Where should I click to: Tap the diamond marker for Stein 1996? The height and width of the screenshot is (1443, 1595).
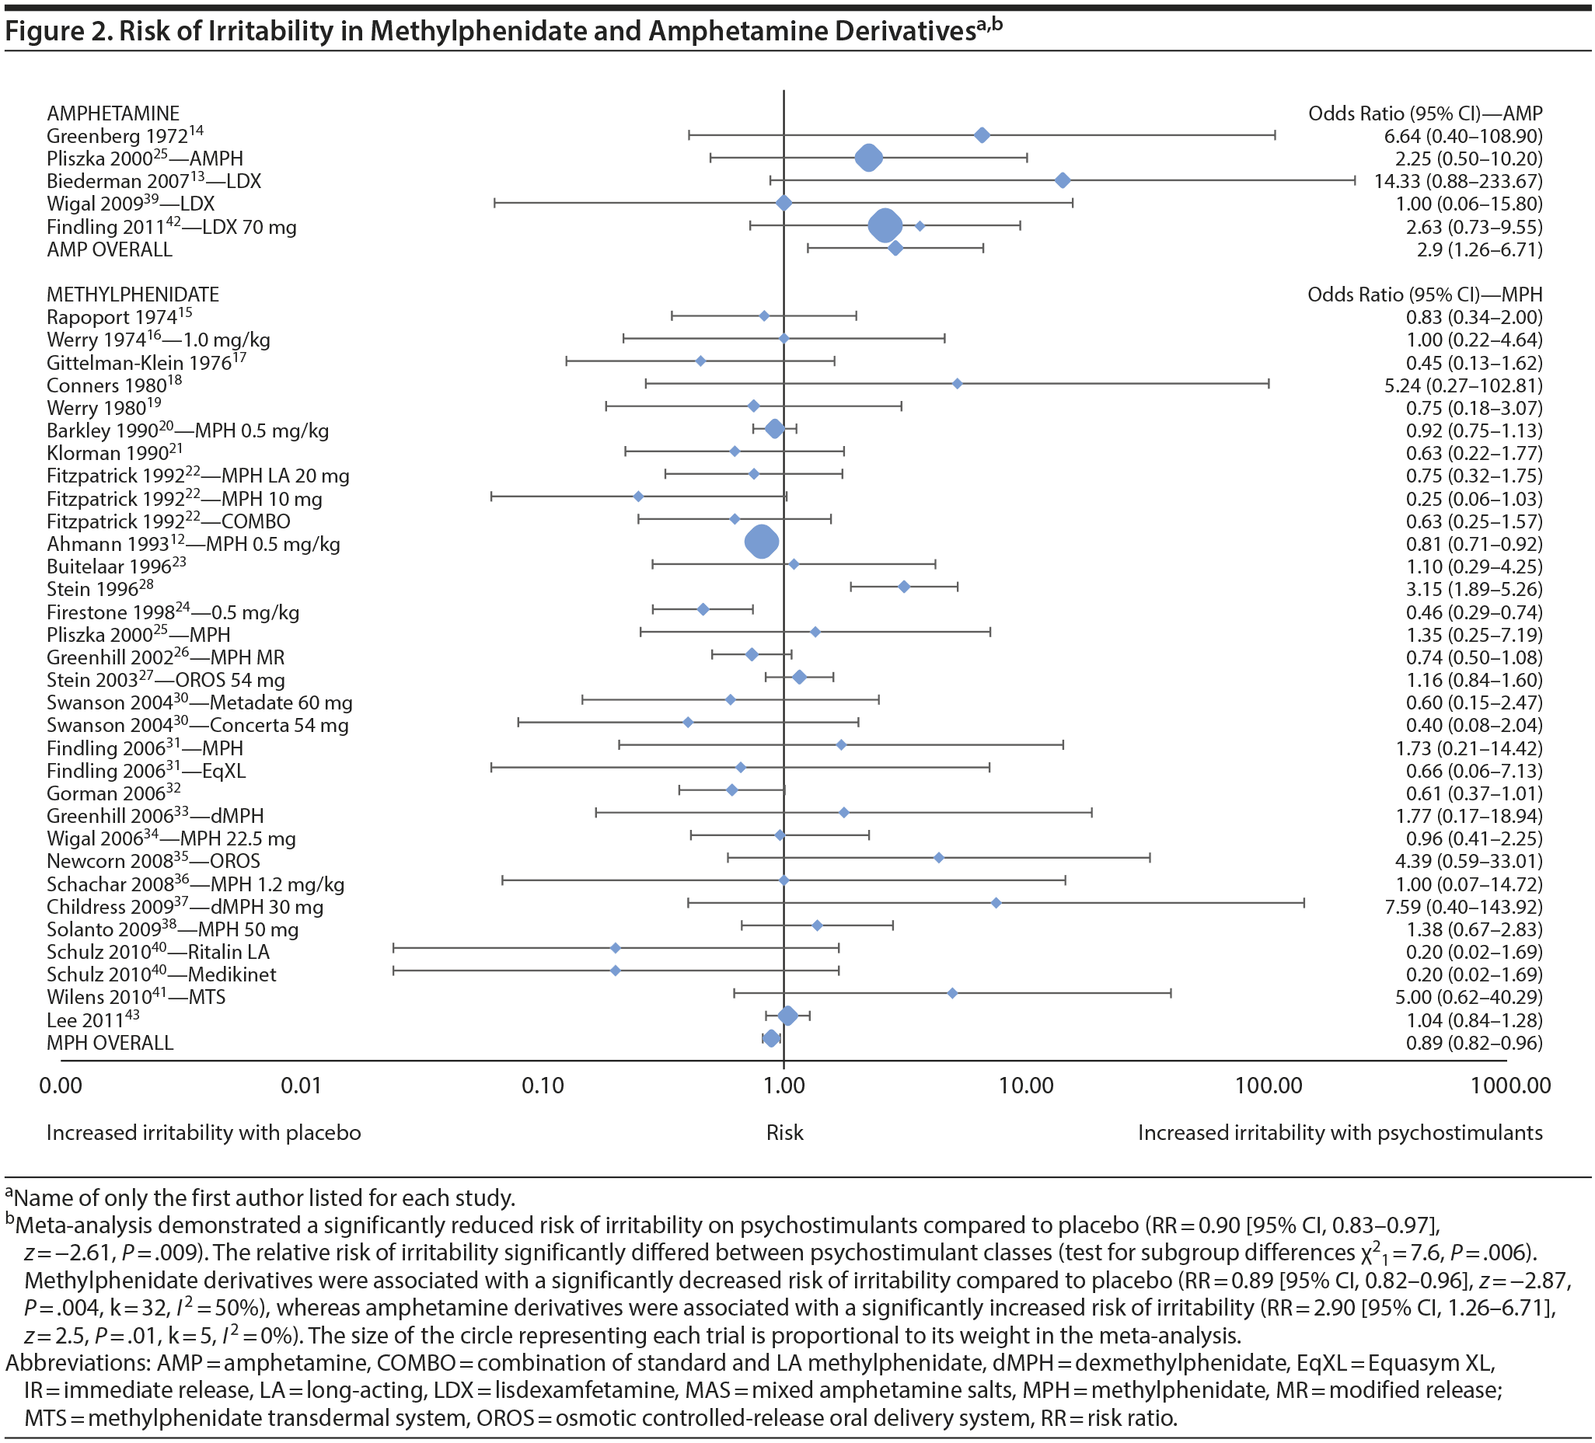click(903, 587)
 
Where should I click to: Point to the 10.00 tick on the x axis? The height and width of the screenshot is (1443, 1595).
click(1026, 1085)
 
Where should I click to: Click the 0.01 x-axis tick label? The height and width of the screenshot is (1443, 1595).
click(302, 1085)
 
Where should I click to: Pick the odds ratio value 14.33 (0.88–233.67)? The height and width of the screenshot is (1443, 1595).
click(1458, 181)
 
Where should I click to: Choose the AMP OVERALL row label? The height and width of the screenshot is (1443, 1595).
click(109, 249)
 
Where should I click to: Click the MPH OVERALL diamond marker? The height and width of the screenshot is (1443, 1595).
click(771, 1038)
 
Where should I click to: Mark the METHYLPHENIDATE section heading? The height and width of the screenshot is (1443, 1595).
click(133, 295)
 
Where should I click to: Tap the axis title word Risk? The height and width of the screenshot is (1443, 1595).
click(784, 1133)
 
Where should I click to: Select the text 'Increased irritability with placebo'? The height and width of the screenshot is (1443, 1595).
click(204, 1133)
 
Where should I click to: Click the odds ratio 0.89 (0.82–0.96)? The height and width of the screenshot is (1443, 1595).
click(1474, 1043)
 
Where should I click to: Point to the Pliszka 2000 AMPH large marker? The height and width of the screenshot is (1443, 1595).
click(869, 158)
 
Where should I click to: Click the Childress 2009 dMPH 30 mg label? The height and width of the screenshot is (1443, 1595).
click(185, 907)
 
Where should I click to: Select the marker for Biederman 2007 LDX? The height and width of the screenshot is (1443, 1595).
click(1063, 180)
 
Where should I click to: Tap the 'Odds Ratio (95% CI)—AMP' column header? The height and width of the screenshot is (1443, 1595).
click(1425, 113)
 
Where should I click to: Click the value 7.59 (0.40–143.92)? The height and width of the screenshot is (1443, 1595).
click(1463, 907)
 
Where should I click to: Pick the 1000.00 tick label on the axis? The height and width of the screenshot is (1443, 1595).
click(1510, 1085)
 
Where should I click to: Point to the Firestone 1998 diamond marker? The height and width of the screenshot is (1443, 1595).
click(703, 609)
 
